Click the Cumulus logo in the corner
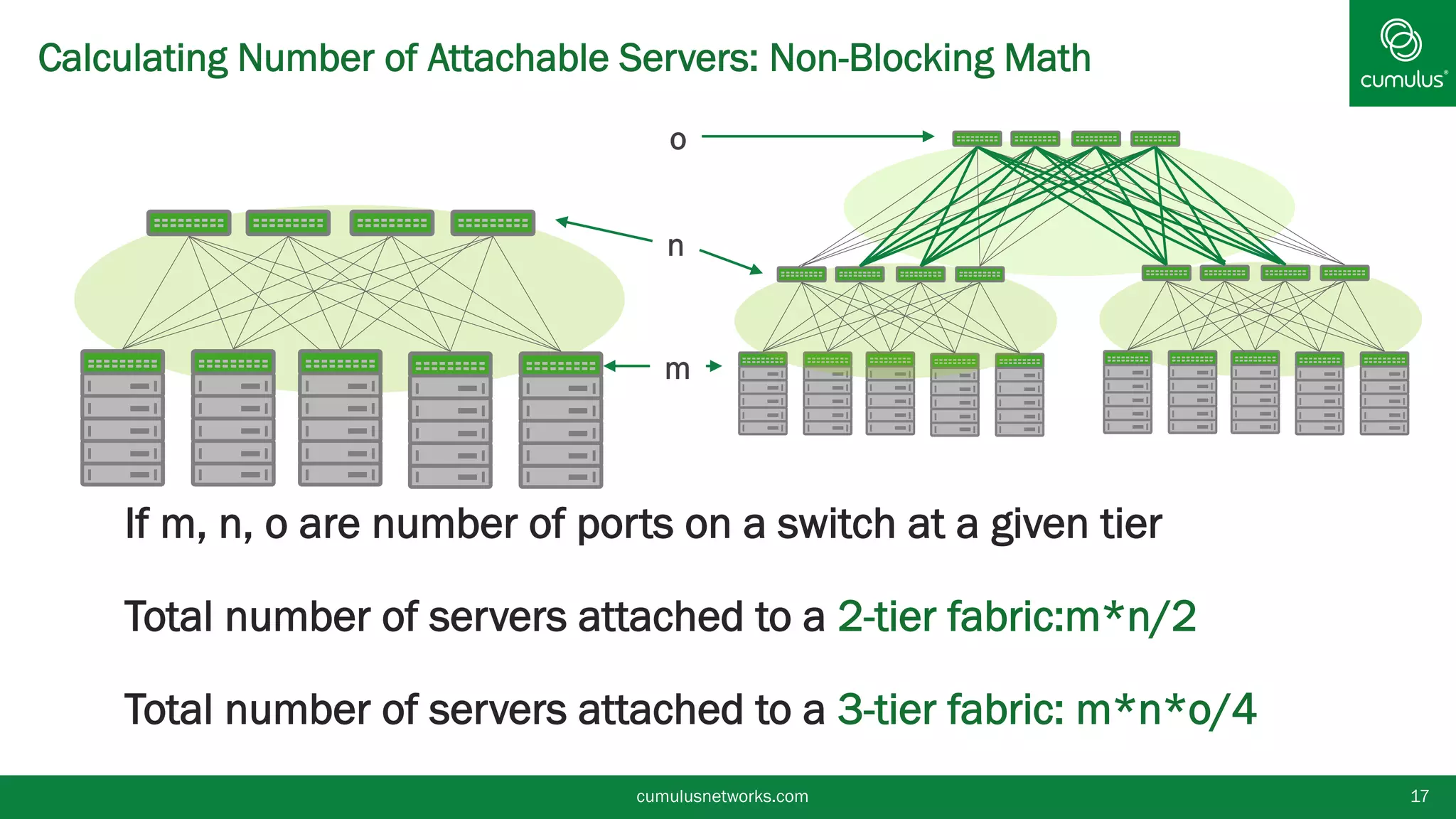[x=1402, y=53]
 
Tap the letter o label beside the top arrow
[x=678, y=139]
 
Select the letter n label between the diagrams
[x=675, y=246]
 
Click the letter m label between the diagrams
[x=677, y=369]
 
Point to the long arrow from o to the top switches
[x=818, y=136]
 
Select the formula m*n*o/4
[x=1166, y=710]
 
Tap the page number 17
[x=1419, y=796]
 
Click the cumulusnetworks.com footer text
[x=722, y=796]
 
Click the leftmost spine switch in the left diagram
[x=188, y=223]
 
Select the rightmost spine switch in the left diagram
[x=493, y=223]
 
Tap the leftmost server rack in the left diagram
[x=122, y=418]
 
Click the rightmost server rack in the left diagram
[x=560, y=419]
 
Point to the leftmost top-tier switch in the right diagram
[x=977, y=139]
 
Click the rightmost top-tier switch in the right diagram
[x=1155, y=139]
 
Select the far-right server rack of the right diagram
[x=1383, y=392]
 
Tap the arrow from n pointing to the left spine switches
[x=604, y=230]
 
